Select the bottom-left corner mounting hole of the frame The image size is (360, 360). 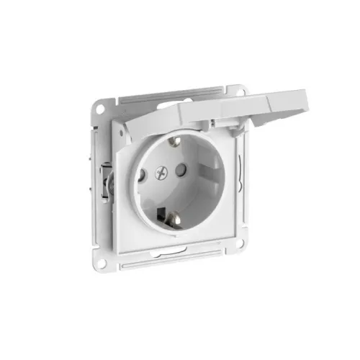[102, 262]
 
